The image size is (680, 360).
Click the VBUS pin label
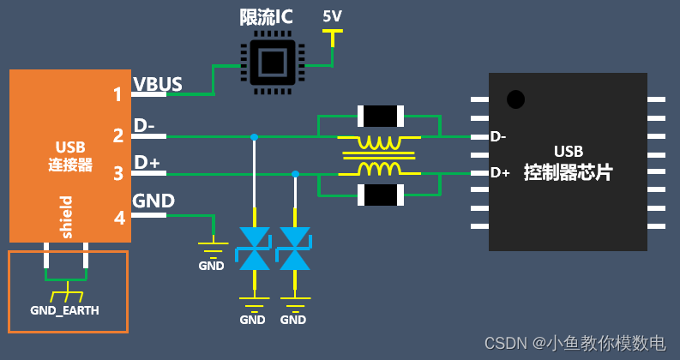click(x=158, y=85)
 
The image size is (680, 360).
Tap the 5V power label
click(x=332, y=16)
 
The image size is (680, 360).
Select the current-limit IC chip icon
click(x=270, y=63)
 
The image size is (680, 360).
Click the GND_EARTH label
click(x=64, y=310)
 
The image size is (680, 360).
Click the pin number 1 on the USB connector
click(x=117, y=94)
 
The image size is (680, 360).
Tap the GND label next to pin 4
click(x=153, y=201)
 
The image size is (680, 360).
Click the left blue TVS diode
click(x=254, y=249)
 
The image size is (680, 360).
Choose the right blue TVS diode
click(x=294, y=249)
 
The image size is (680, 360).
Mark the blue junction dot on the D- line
click(x=254, y=136)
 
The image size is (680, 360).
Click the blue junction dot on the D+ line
click(x=295, y=174)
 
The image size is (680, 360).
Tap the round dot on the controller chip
click(x=515, y=99)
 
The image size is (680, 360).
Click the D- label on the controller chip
click(x=498, y=136)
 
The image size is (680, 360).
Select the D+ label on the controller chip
click(x=500, y=173)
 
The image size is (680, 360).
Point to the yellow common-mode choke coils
click(x=378, y=155)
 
